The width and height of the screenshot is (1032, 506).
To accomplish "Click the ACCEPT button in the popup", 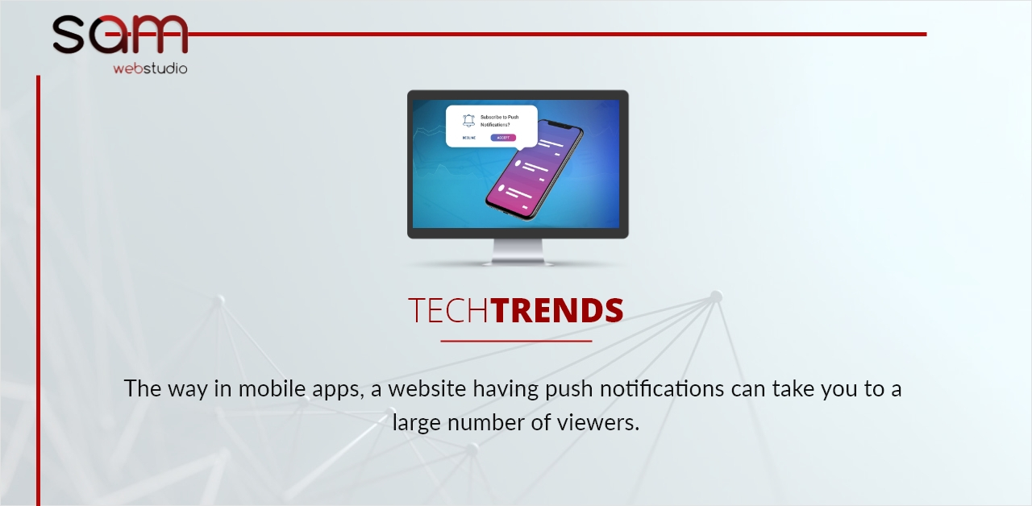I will pos(503,138).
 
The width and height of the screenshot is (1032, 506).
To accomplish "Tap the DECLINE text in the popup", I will pos(468,138).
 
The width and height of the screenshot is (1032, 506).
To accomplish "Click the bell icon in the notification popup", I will pos(468,120).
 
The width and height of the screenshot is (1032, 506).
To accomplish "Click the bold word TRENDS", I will pos(558,311).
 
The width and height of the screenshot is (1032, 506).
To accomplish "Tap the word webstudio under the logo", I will pos(150,68).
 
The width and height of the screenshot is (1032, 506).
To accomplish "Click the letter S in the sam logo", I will pos(69,34).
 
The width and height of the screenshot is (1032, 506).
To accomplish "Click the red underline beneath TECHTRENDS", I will pos(516,341).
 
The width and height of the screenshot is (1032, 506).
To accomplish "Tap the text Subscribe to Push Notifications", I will pos(500,121).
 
